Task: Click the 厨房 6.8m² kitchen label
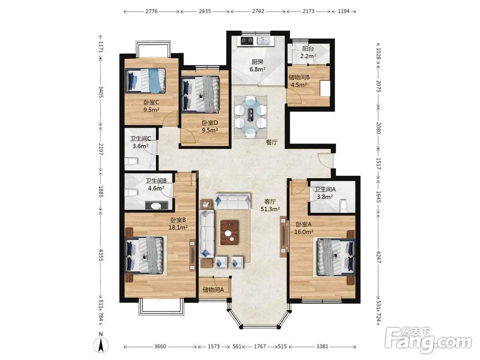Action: pos(257,65)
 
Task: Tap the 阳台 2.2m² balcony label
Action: pos(308,52)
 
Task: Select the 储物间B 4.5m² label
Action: pos(299,81)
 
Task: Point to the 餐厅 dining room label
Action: pos(272,142)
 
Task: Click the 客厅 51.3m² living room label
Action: pos(271,205)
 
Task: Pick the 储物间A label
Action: pos(214,289)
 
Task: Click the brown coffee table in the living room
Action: pos(229,233)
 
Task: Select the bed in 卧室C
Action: pos(145,80)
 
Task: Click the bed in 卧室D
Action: pos(201,94)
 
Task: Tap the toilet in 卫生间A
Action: pos(344,205)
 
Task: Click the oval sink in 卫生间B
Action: pos(156,206)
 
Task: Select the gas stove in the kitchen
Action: pos(247,40)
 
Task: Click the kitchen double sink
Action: pos(263,40)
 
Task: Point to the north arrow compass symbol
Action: pos(102,342)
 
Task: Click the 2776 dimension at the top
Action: pos(152,12)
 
